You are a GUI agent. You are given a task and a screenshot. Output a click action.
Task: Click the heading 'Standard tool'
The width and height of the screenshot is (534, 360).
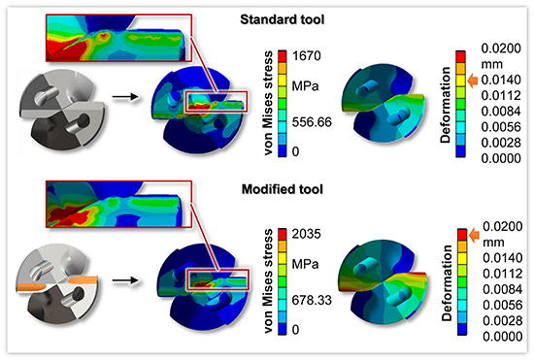pyautogui.click(x=282, y=19)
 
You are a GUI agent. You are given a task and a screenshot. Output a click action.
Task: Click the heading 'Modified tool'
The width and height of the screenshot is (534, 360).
pyautogui.click(x=283, y=189)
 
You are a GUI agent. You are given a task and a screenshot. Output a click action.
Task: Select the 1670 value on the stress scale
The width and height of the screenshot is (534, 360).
pyautogui.click(x=307, y=56)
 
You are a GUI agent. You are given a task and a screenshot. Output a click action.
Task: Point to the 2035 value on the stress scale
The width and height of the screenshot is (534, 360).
pyautogui.click(x=307, y=234)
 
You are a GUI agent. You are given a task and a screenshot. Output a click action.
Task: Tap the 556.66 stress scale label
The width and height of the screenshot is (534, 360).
pyautogui.click(x=312, y=122)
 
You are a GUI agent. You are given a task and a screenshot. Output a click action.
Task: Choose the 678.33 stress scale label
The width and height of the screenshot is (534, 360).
pyautogui.click(x=312, y=300)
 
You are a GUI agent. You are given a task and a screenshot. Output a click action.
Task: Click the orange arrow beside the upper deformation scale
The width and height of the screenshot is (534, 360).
pyautogui.click(x=473, y=81)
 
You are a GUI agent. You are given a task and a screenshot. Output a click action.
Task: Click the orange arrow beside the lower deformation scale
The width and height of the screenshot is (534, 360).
pyautogui.click(x=475, y=235)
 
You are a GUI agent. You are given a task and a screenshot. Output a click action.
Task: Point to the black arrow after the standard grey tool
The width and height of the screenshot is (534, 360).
pyautogui.click(x=125, y=97)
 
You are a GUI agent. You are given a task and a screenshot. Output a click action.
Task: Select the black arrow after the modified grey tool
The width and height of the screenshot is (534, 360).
pyautogui.click(x=125, y=280)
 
